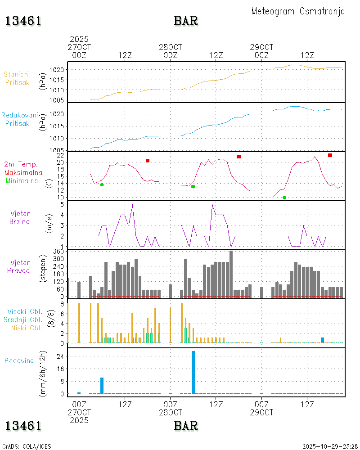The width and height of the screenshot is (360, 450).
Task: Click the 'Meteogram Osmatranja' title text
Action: point(298,11)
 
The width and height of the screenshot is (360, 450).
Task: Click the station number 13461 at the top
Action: point(23,21)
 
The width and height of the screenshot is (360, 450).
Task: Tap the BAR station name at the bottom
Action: point(186,425)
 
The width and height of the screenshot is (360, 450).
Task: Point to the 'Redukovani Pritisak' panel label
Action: point(19,119)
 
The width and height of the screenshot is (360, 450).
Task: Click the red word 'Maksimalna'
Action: point(23,172)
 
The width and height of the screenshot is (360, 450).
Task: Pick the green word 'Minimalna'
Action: point(22,180)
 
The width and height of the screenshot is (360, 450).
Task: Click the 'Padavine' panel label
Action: point(19,360)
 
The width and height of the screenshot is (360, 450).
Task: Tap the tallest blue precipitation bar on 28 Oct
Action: point(193,372)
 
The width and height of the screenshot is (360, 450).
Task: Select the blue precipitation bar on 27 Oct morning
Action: point(102,385)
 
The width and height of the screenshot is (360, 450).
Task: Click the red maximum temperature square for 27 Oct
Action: point(148,161)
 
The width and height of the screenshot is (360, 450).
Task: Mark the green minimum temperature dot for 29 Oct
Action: point(284,198)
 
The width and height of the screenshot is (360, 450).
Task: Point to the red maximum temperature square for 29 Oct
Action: point(330,155)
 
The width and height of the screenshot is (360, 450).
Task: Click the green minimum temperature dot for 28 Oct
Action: point(193,186)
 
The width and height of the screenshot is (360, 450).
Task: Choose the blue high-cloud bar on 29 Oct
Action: point(322,340)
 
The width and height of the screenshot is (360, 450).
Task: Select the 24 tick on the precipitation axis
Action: point(59,356)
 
